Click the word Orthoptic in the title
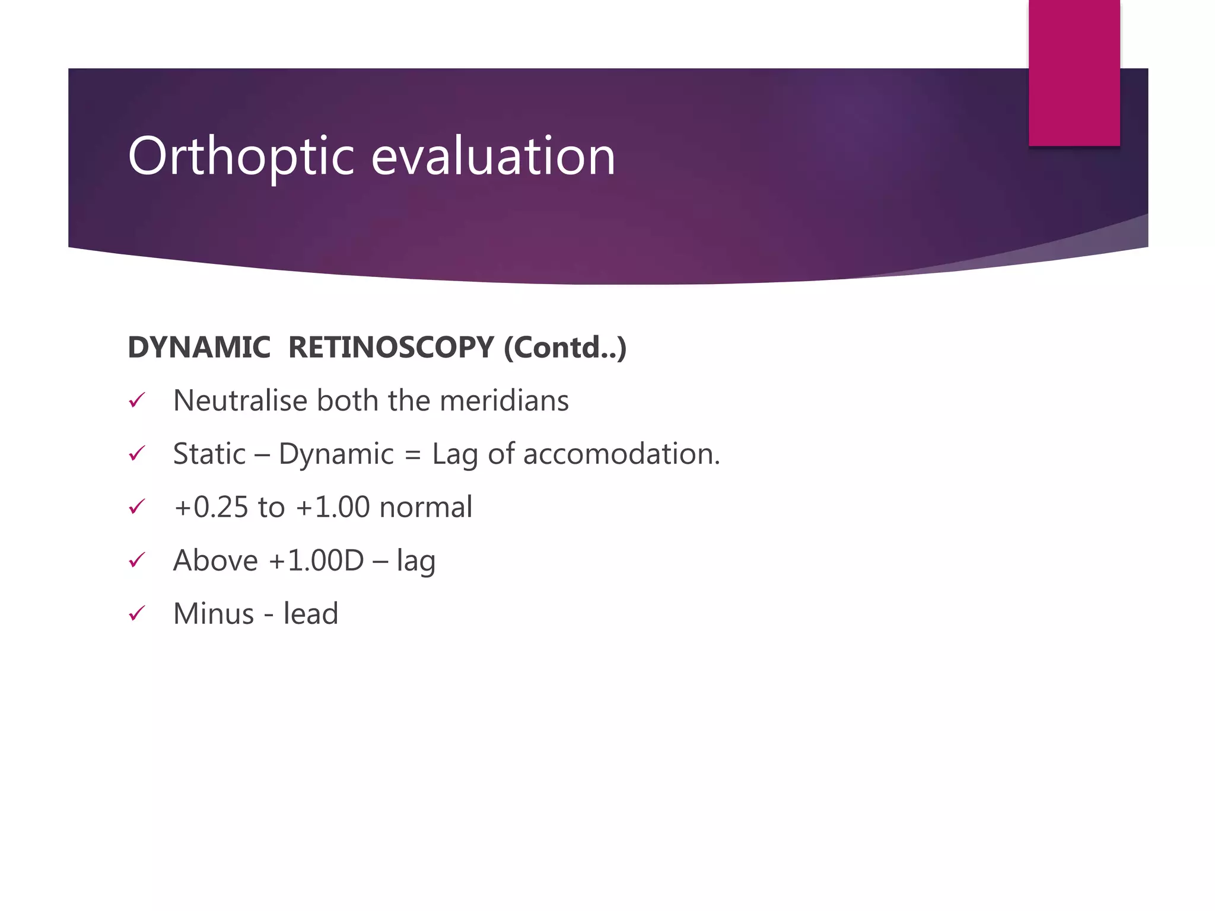click(x=240, y=157)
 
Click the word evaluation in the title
click(x=493, y=157)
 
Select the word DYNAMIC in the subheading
click(x=199, y=347)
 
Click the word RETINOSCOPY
click(x=390, y=347)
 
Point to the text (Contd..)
click(x=565, y=347)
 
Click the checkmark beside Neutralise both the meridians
click(x=137, y=401)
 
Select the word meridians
click(x=504, y=400)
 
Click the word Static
click(x=209, y=454)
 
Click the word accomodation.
click(x=621, y=454)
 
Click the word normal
click(x=425, y=507)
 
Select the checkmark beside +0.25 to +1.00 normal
click(x=137, y=507)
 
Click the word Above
click(x=215, y=560)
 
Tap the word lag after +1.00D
click(x=416, y=562)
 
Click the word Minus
click(x=214, y=614)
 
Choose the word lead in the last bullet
click(x=310, y=614)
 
